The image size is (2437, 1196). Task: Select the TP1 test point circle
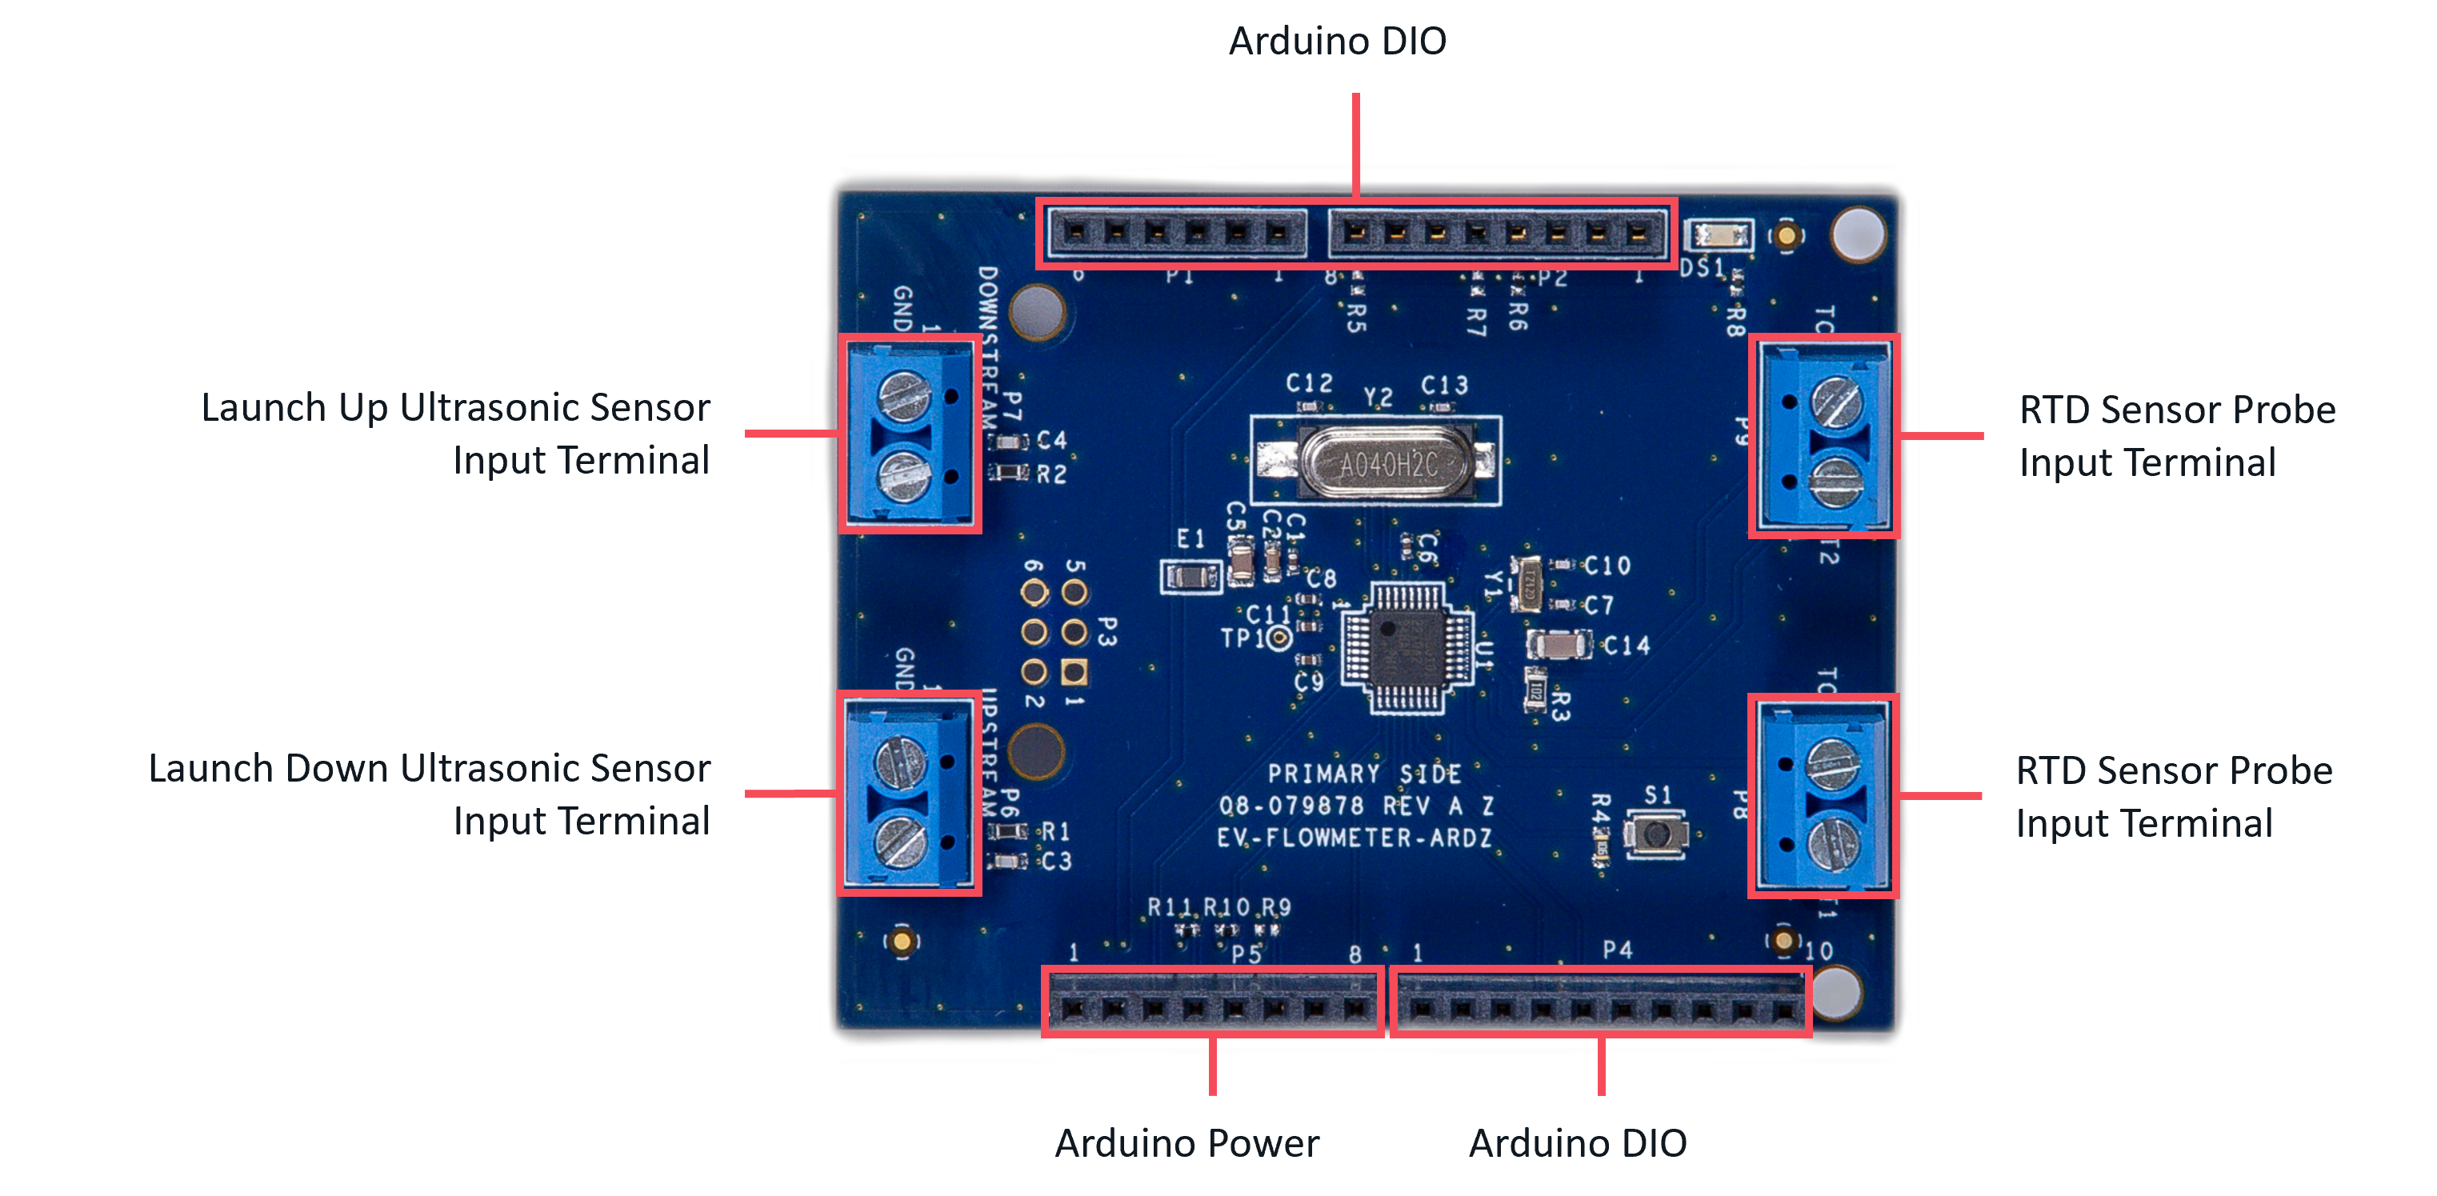(1279, 638)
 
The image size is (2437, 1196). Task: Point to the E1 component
(1191, 575)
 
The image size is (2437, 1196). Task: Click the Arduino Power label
(1186, 1143)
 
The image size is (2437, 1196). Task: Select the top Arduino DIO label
(1337, 41)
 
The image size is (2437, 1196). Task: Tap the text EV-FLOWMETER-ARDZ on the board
(1354, 838)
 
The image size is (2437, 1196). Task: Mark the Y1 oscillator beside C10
(1525, 585)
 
